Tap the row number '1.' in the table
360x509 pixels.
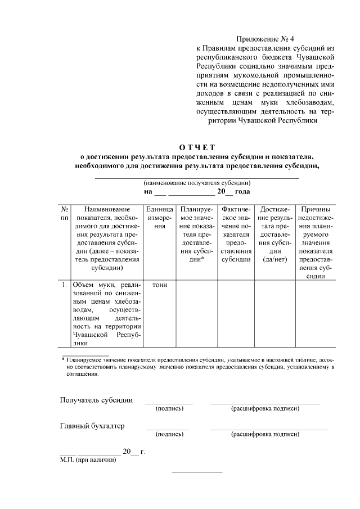coord(65,285)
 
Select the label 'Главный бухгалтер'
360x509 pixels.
coord(92,426)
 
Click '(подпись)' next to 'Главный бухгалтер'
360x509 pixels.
coord(169,434)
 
